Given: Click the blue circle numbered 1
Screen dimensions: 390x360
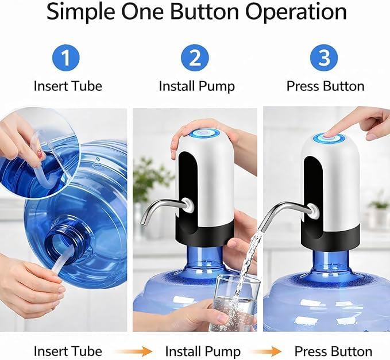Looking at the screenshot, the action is tap(66, 58).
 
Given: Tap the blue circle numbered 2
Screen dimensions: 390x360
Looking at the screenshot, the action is tap(195, 58).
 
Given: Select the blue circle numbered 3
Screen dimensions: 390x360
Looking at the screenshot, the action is tap(324, 58).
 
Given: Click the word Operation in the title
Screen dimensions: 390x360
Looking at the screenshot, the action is tap(296, 12).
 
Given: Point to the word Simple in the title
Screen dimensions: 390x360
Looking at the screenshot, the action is tap(81, 12).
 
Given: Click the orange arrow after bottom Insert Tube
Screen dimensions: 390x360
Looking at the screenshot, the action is tap(134, 352).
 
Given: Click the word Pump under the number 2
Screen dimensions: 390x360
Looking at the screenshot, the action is tap(217, 87).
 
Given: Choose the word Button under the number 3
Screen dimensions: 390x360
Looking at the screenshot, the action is tap(343, 86).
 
